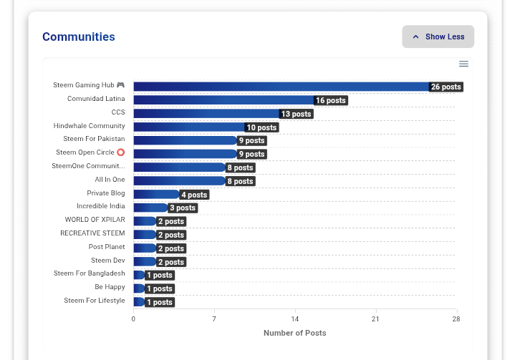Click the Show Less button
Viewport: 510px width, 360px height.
click(x=438, y=37)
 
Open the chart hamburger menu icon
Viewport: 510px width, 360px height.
click(x=464, y=64)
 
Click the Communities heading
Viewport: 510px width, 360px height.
click(x=79, y=37)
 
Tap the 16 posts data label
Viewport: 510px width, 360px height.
click(x=331, y=100)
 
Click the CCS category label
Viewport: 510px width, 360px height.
click(x=118, y=112)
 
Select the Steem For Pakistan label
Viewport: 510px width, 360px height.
click(x=94, y=139)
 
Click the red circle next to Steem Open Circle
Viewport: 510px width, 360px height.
click(x=120, y=152)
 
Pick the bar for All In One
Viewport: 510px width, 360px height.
click(x=180, y=181)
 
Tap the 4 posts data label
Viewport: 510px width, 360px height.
click(x=194, y=195)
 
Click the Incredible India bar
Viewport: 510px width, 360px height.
click(x=150, y=208)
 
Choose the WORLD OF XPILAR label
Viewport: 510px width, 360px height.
click(x=95, y=220)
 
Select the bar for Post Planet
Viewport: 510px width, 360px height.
click(x=145, y=248)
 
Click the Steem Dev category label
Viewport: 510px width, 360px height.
click(x=108, y=261)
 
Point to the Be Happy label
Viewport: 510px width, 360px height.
click(x=110, y=287)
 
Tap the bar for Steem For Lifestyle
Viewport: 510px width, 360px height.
click(x=139, y=302)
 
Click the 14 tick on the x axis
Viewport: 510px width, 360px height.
click(x=294, y=319)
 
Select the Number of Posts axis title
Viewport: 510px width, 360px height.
click(x=294, y=333)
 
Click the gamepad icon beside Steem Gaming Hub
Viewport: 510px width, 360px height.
click(x=120, y=84)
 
